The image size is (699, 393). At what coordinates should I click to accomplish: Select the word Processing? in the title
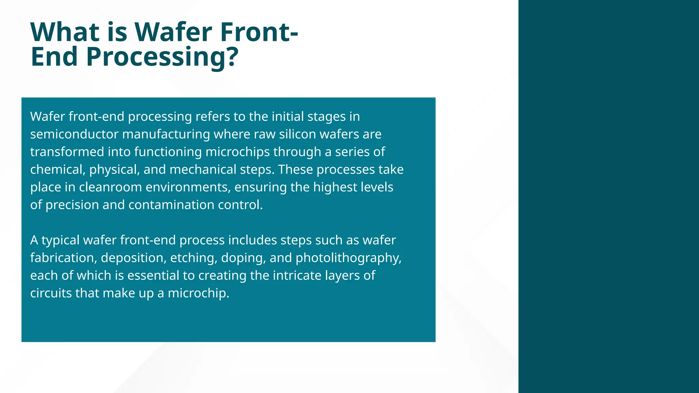tap(162, 57)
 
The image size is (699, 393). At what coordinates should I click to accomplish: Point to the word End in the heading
tap(54, 57)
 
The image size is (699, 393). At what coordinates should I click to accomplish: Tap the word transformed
tap(67, 152)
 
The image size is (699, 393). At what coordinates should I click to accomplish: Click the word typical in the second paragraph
tap(60, 241)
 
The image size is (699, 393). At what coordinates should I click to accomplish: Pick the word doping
tap(243, 258)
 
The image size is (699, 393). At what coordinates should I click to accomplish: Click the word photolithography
tap(348, 258)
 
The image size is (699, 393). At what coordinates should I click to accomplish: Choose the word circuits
tap(51, 293)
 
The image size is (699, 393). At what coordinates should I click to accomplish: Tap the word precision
tap(72, 205)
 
